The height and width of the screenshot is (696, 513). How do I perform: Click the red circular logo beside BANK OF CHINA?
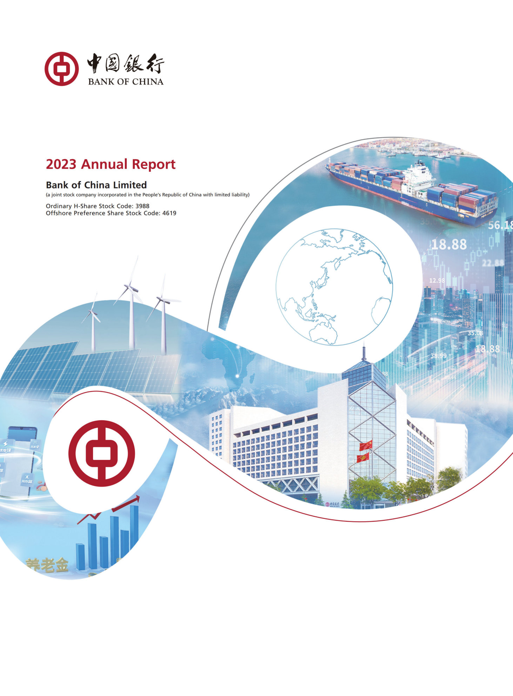(61, 69)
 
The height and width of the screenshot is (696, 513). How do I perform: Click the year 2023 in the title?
(61, 164)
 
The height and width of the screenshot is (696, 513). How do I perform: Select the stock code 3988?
(142, 206)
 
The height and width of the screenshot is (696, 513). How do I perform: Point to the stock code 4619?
(169, 213)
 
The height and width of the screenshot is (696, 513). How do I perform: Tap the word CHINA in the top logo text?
(148, 82)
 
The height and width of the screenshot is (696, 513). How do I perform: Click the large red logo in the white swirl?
(101, 453)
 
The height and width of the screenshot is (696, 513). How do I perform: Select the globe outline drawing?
(334, 287)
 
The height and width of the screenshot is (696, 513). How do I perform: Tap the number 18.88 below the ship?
(448, 245)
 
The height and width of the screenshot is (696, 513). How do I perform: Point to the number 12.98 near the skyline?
(437, 280)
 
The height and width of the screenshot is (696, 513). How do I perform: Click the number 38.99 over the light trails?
(438, 356)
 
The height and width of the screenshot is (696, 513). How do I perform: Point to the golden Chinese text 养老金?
(47, 565)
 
